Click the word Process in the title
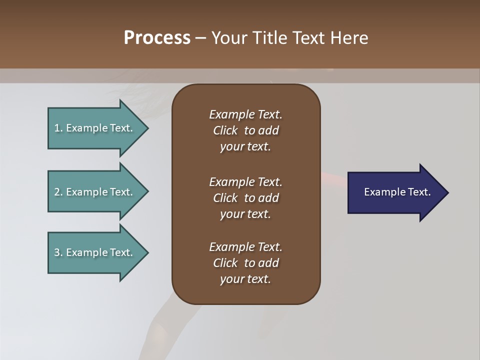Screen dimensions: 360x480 pos(157,38)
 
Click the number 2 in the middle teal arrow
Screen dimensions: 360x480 pos(57,192)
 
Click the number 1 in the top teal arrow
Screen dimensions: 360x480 pos(57,128)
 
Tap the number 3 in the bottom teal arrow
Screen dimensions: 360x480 pos(57,252)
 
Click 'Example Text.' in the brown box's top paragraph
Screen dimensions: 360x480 pos(245,114)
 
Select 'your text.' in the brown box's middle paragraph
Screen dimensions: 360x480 pos(245,214)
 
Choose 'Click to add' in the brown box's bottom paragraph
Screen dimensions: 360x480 pos(245,263)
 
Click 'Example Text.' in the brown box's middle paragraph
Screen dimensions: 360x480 pos(245,182)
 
